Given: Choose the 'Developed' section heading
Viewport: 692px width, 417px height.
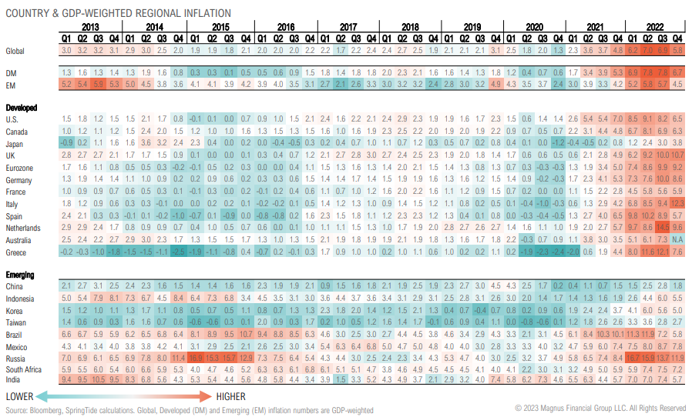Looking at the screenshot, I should click(22, 108).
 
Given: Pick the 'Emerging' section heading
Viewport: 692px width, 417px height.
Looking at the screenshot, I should click(20, 275).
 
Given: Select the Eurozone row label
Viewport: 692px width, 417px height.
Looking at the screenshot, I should click(19, 168).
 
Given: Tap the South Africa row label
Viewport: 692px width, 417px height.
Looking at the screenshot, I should click(24, 370).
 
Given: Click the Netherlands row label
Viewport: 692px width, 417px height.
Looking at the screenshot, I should click(23, 228).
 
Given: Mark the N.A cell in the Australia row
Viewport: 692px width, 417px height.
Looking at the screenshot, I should click(677, 240).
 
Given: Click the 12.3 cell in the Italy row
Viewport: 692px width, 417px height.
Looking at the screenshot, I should click(677, 204).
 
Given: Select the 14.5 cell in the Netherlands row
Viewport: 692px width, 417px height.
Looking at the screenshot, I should click(662, 228).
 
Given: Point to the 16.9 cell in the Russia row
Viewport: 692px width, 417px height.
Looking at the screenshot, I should click(194, 358).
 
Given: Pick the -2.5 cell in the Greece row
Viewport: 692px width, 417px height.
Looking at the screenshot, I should click(179, 252).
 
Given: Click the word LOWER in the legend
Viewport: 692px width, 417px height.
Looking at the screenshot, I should click(22, 395).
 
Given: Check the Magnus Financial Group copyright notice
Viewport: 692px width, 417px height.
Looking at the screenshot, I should click(600, 408).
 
